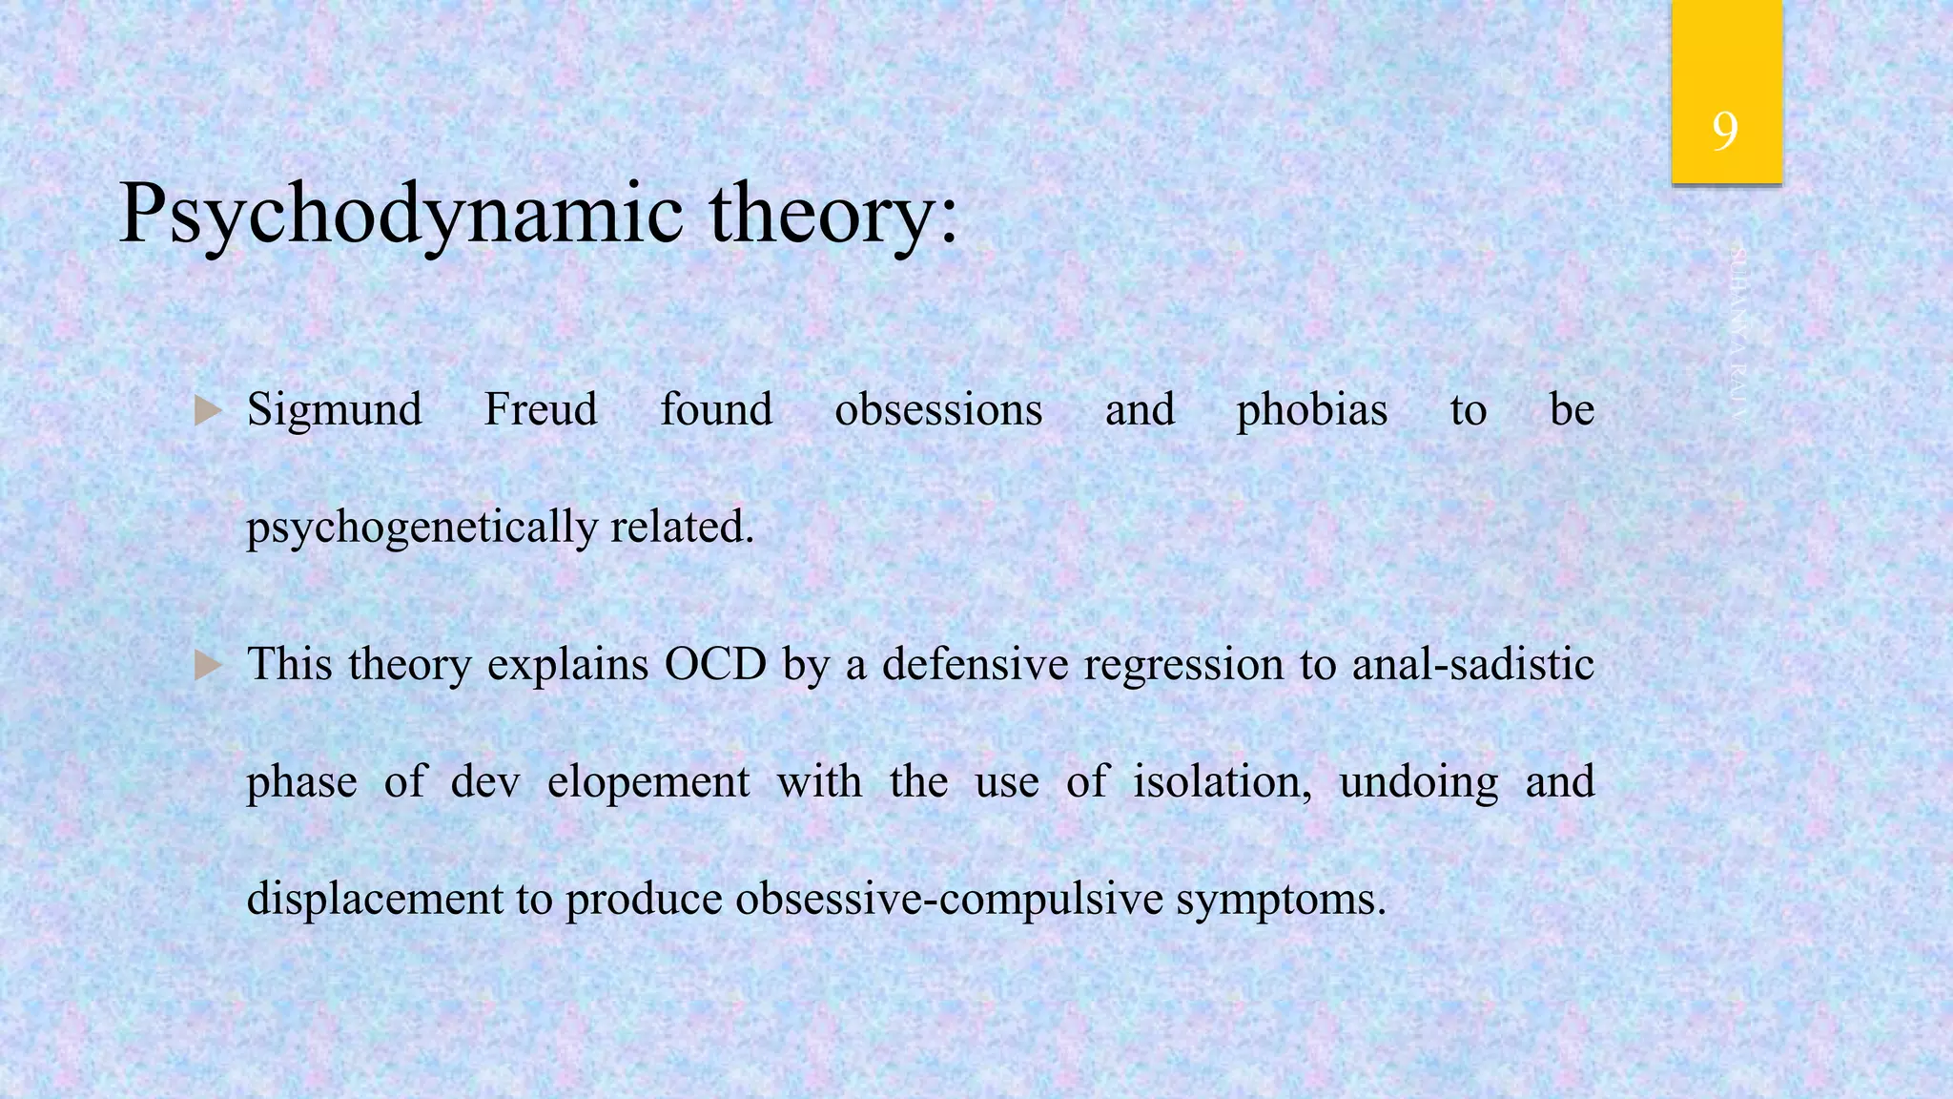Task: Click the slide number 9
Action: (1724, 131)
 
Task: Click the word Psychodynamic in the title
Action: (401, 215)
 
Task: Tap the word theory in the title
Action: (832, 215)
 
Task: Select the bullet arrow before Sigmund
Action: (208, 411)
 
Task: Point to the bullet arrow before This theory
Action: (208, 665)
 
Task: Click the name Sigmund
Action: (334, 411)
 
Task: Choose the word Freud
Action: (541, 409)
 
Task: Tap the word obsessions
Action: (938, 410)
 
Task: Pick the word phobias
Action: (1312, 411)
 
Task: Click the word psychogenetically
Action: (421, 528)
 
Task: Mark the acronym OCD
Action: (715, 665)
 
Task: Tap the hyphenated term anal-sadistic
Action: (1472, 665)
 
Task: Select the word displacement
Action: (375, 900)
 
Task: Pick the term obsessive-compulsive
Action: (950, 900)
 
